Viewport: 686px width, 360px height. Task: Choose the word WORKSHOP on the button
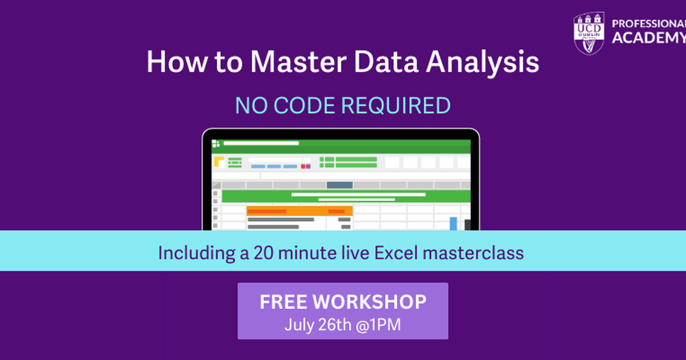click(370, 302)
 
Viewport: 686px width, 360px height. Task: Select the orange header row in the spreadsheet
click(299, 211)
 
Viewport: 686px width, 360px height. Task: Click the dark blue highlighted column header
click(340, 185)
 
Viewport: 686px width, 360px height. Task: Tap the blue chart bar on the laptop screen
click(453, 223)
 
